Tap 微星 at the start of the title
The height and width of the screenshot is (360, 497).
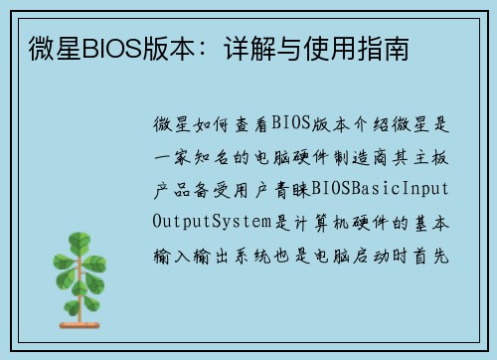40,48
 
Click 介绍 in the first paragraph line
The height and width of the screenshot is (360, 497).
382,125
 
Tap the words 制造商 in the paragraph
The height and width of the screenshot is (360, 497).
367,157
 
